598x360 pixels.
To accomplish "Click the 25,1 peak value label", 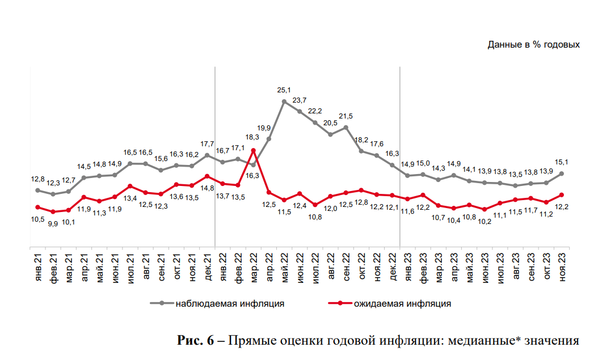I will [x=284, y=90].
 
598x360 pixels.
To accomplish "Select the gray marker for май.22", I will [x=284, y=101].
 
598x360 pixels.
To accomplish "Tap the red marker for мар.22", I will [x=253, y=150].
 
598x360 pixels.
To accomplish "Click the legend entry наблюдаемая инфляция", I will [x=230, y=303].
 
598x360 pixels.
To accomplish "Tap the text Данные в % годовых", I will [x=533, y=44].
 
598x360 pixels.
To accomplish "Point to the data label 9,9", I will [x=53, y=223].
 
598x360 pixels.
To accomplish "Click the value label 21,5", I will [x=346, y=116].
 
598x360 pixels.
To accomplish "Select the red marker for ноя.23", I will [x=562, y=194].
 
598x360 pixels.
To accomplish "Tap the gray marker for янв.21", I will [x=37, y=190].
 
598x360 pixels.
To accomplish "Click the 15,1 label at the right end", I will [x=562, y=162].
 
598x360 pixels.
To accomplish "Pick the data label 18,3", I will [x=253, y=137].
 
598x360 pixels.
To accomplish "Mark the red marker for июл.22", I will [x=315, y=205].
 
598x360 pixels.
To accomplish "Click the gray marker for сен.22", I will [x=346, y=127].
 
